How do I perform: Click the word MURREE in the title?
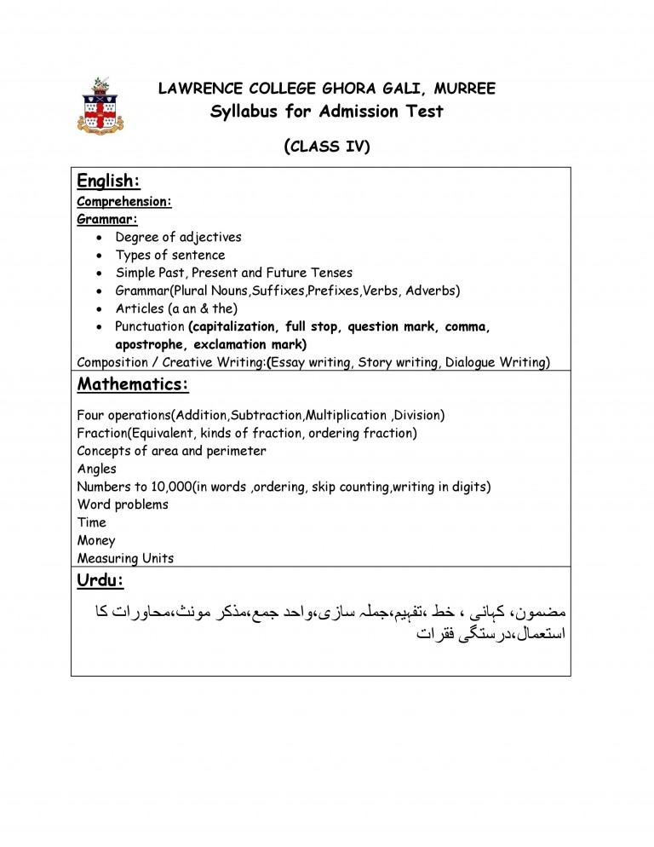pyautogui.click(x=464, y=89)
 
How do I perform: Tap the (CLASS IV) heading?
pyautogui.click(x=327, y=146)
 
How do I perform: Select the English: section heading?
pyautogui.click(x=108, y=181)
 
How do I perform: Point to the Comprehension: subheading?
pyautogui.click(x=124, y=202)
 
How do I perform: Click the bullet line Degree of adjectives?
pyautogui.click(x=178, y=237)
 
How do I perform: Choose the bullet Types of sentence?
pyautogui.click(x=170, y=255)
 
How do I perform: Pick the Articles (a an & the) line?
pyautogui.click(x=176, y=308)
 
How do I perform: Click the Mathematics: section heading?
pyautogui.click(x=133, y=384)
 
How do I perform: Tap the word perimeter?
pyautogui.click(x=236, y=451)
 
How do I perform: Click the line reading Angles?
pyautogui.click(x=96, y=469)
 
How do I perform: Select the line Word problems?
pyautogui.click(x=123, y=504)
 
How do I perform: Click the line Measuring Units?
pyautogui.click(x=125, y=558)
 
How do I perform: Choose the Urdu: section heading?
pyautogui.click(x=100, y=580)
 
